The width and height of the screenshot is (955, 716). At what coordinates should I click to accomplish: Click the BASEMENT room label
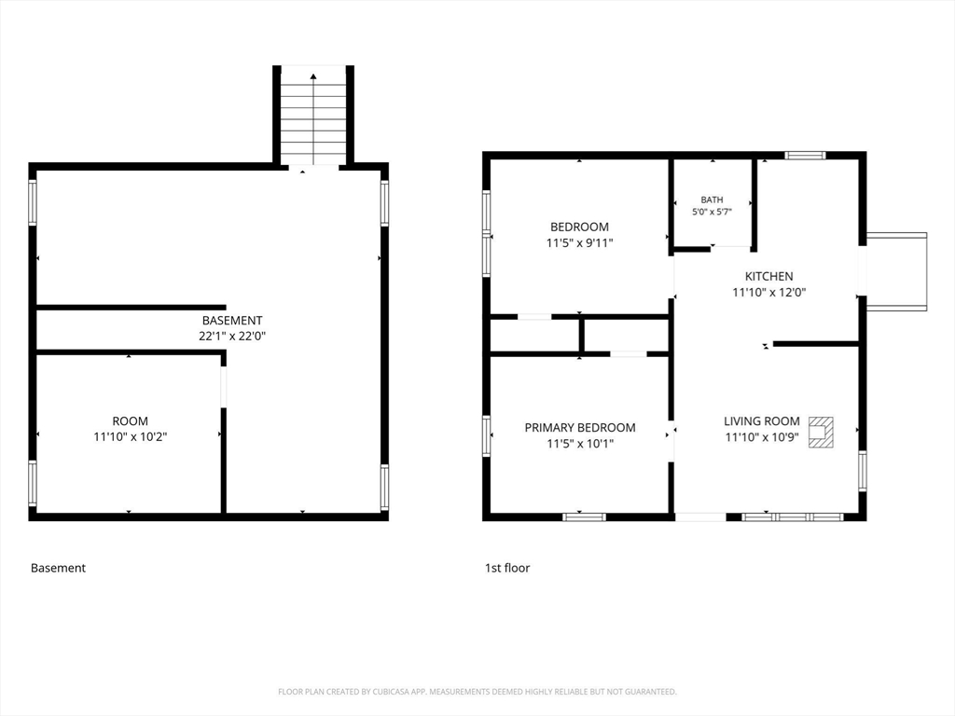[232, 321]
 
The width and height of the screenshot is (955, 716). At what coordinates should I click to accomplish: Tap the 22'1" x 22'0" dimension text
[232, 336]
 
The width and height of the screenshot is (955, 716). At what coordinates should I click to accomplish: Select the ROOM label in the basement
[130, 420]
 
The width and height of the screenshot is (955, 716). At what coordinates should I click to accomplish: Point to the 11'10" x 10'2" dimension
[130, 436]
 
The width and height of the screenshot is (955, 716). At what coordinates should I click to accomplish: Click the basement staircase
[313, 115]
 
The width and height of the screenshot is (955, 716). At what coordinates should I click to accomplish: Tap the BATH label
[712, 200]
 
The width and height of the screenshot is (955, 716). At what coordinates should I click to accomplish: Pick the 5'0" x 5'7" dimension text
[712, 212]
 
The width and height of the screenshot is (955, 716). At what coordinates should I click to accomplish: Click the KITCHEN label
[768, 276]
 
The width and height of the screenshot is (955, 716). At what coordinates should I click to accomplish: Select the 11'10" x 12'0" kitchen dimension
[768, 292]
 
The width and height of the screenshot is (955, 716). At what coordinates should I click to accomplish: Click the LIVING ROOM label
[761, 420]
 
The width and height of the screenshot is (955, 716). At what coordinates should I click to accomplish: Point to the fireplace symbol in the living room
[821, 433]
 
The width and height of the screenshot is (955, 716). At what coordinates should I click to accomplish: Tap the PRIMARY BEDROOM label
[580, 427]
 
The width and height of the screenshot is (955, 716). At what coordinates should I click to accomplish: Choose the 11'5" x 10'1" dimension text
[580, 443]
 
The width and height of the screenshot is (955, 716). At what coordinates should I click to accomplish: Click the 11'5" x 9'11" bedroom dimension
[579, 243]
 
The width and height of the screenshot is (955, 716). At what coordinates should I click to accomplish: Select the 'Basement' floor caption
[58, 568]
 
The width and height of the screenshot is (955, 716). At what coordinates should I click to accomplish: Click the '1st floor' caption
[507, 568]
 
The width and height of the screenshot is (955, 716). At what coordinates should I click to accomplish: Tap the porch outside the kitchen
[896, 271]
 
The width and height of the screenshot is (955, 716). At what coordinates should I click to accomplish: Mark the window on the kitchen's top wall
[805, 156]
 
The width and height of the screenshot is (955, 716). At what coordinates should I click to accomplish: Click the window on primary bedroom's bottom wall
[584, 516]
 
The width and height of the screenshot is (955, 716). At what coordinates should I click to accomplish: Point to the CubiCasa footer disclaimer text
[477, 692]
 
